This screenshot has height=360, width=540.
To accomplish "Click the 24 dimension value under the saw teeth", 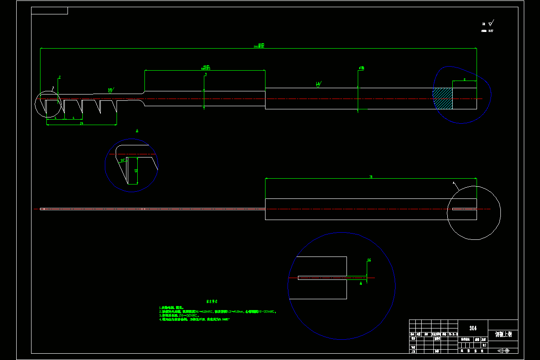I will coord(81,123).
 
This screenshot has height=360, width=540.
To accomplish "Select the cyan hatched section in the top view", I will coord(443,99).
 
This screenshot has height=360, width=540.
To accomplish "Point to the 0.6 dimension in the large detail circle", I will coord(369,260).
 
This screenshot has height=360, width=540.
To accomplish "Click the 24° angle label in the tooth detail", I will coord(122,160).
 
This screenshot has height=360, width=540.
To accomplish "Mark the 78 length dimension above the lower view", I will coord(371,177).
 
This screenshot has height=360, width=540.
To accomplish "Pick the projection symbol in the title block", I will coord(503,350).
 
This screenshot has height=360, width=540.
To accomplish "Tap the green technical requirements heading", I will coord(211,301).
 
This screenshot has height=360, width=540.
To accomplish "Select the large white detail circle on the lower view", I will coord(474,212).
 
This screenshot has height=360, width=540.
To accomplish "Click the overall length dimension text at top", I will coord(259,45).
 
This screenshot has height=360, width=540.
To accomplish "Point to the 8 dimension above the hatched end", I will coord(464,80).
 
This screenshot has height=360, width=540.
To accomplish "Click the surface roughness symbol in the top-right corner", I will coord(490,22).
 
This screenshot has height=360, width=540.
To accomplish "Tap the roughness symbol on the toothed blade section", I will coord(111,90).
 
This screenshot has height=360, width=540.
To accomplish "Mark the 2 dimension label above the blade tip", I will coord(59,77).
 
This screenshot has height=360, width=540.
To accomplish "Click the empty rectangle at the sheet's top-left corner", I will coord(49,10).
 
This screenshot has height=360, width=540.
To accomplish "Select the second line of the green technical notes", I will coord(218,311).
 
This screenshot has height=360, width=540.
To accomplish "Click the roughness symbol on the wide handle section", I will coord(319,84).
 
